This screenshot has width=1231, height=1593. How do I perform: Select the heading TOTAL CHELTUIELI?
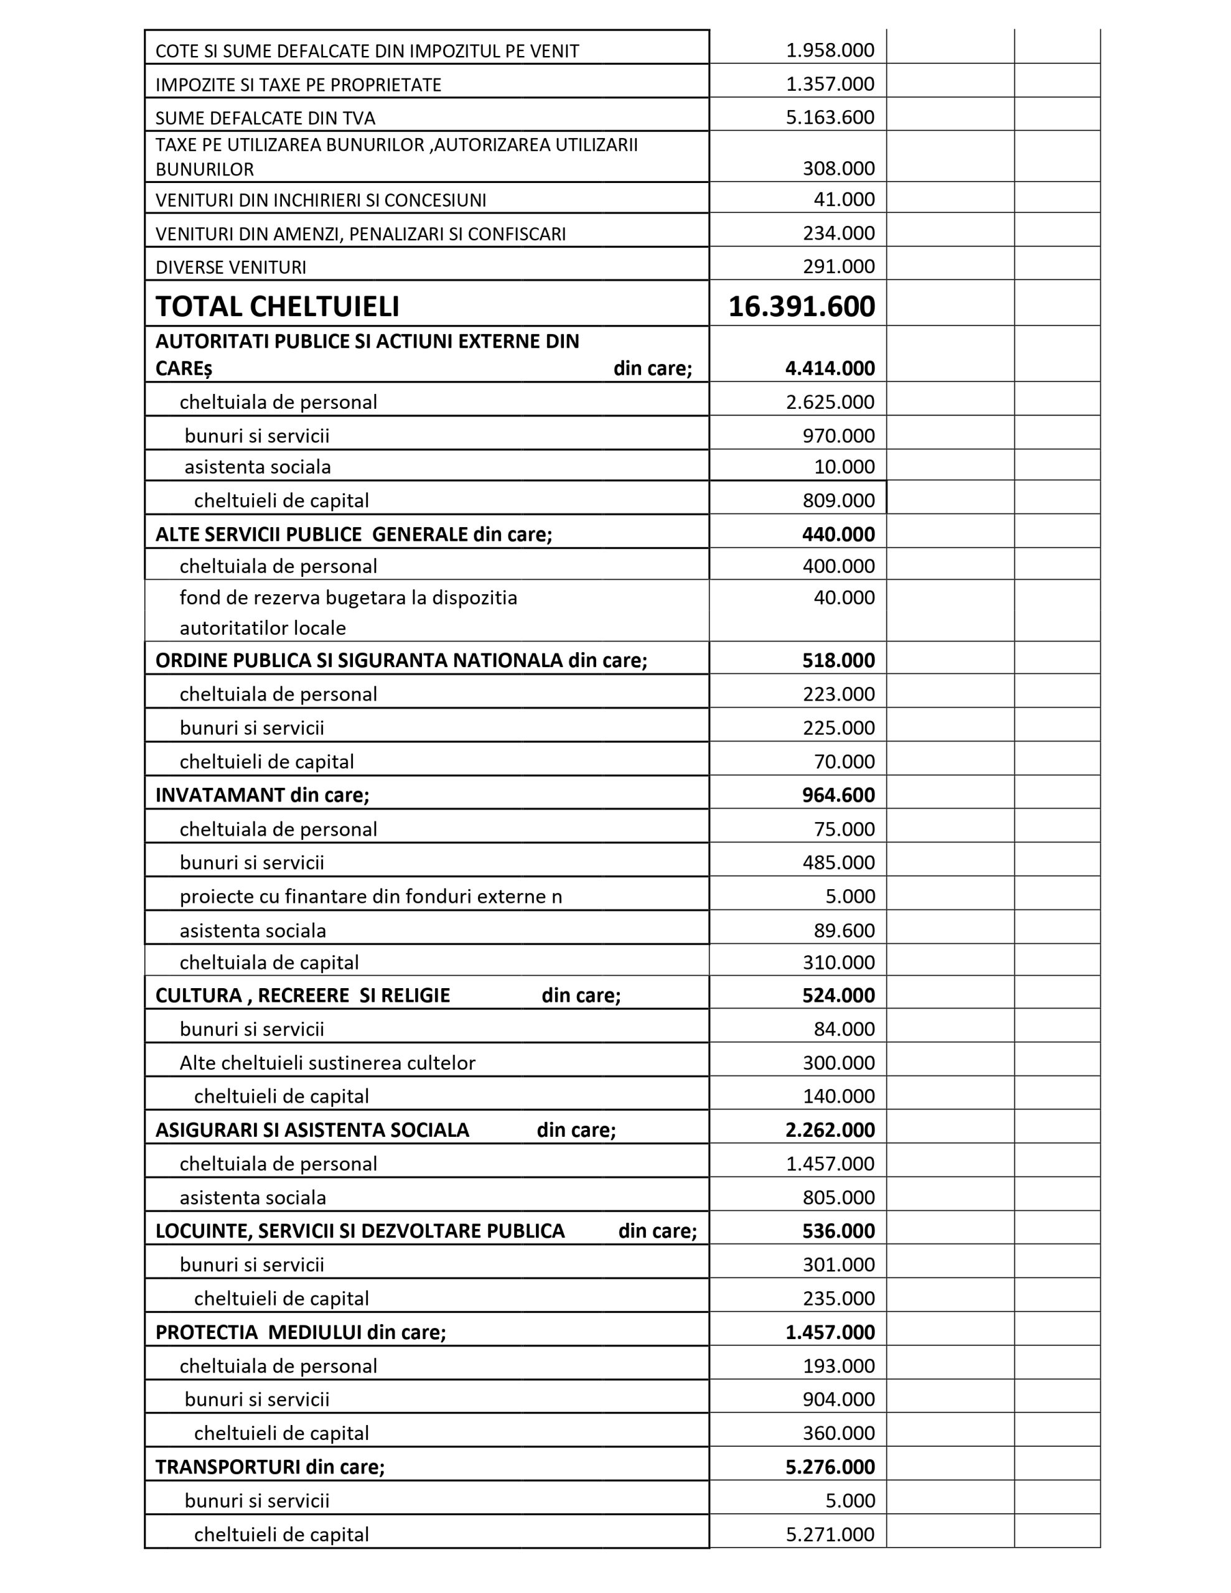[x=278, y=307]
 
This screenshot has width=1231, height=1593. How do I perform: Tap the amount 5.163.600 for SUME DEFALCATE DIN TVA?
[x=830, y=118]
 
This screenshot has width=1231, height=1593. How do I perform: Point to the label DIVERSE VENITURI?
[x=231, y=267]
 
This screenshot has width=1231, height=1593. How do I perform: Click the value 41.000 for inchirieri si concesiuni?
[x=845, y=199]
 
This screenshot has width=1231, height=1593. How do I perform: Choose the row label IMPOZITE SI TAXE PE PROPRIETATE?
[x=299, y=85]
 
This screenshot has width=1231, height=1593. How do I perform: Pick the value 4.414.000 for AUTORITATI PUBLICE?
[x=830, y=368]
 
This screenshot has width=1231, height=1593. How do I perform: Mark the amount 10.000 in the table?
[x=845, y=467]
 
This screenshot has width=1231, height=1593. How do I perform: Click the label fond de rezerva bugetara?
[x=348, y=598]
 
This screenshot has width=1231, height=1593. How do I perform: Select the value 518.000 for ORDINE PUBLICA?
[x=838, y=661]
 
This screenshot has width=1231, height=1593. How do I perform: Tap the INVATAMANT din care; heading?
[x=262, y=795]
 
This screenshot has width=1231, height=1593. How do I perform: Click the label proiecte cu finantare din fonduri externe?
[x=371, y=897]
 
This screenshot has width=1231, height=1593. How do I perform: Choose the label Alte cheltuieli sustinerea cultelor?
[x=327, y=1063]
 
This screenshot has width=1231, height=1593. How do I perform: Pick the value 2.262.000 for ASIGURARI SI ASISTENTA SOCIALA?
[x=830, y=1130]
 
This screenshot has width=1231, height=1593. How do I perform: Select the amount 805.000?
[x=838, y=1198]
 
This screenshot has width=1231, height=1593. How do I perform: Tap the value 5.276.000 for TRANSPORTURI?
[x=830, y=1467]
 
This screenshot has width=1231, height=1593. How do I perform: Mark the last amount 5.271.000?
[x=830, y=1534]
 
